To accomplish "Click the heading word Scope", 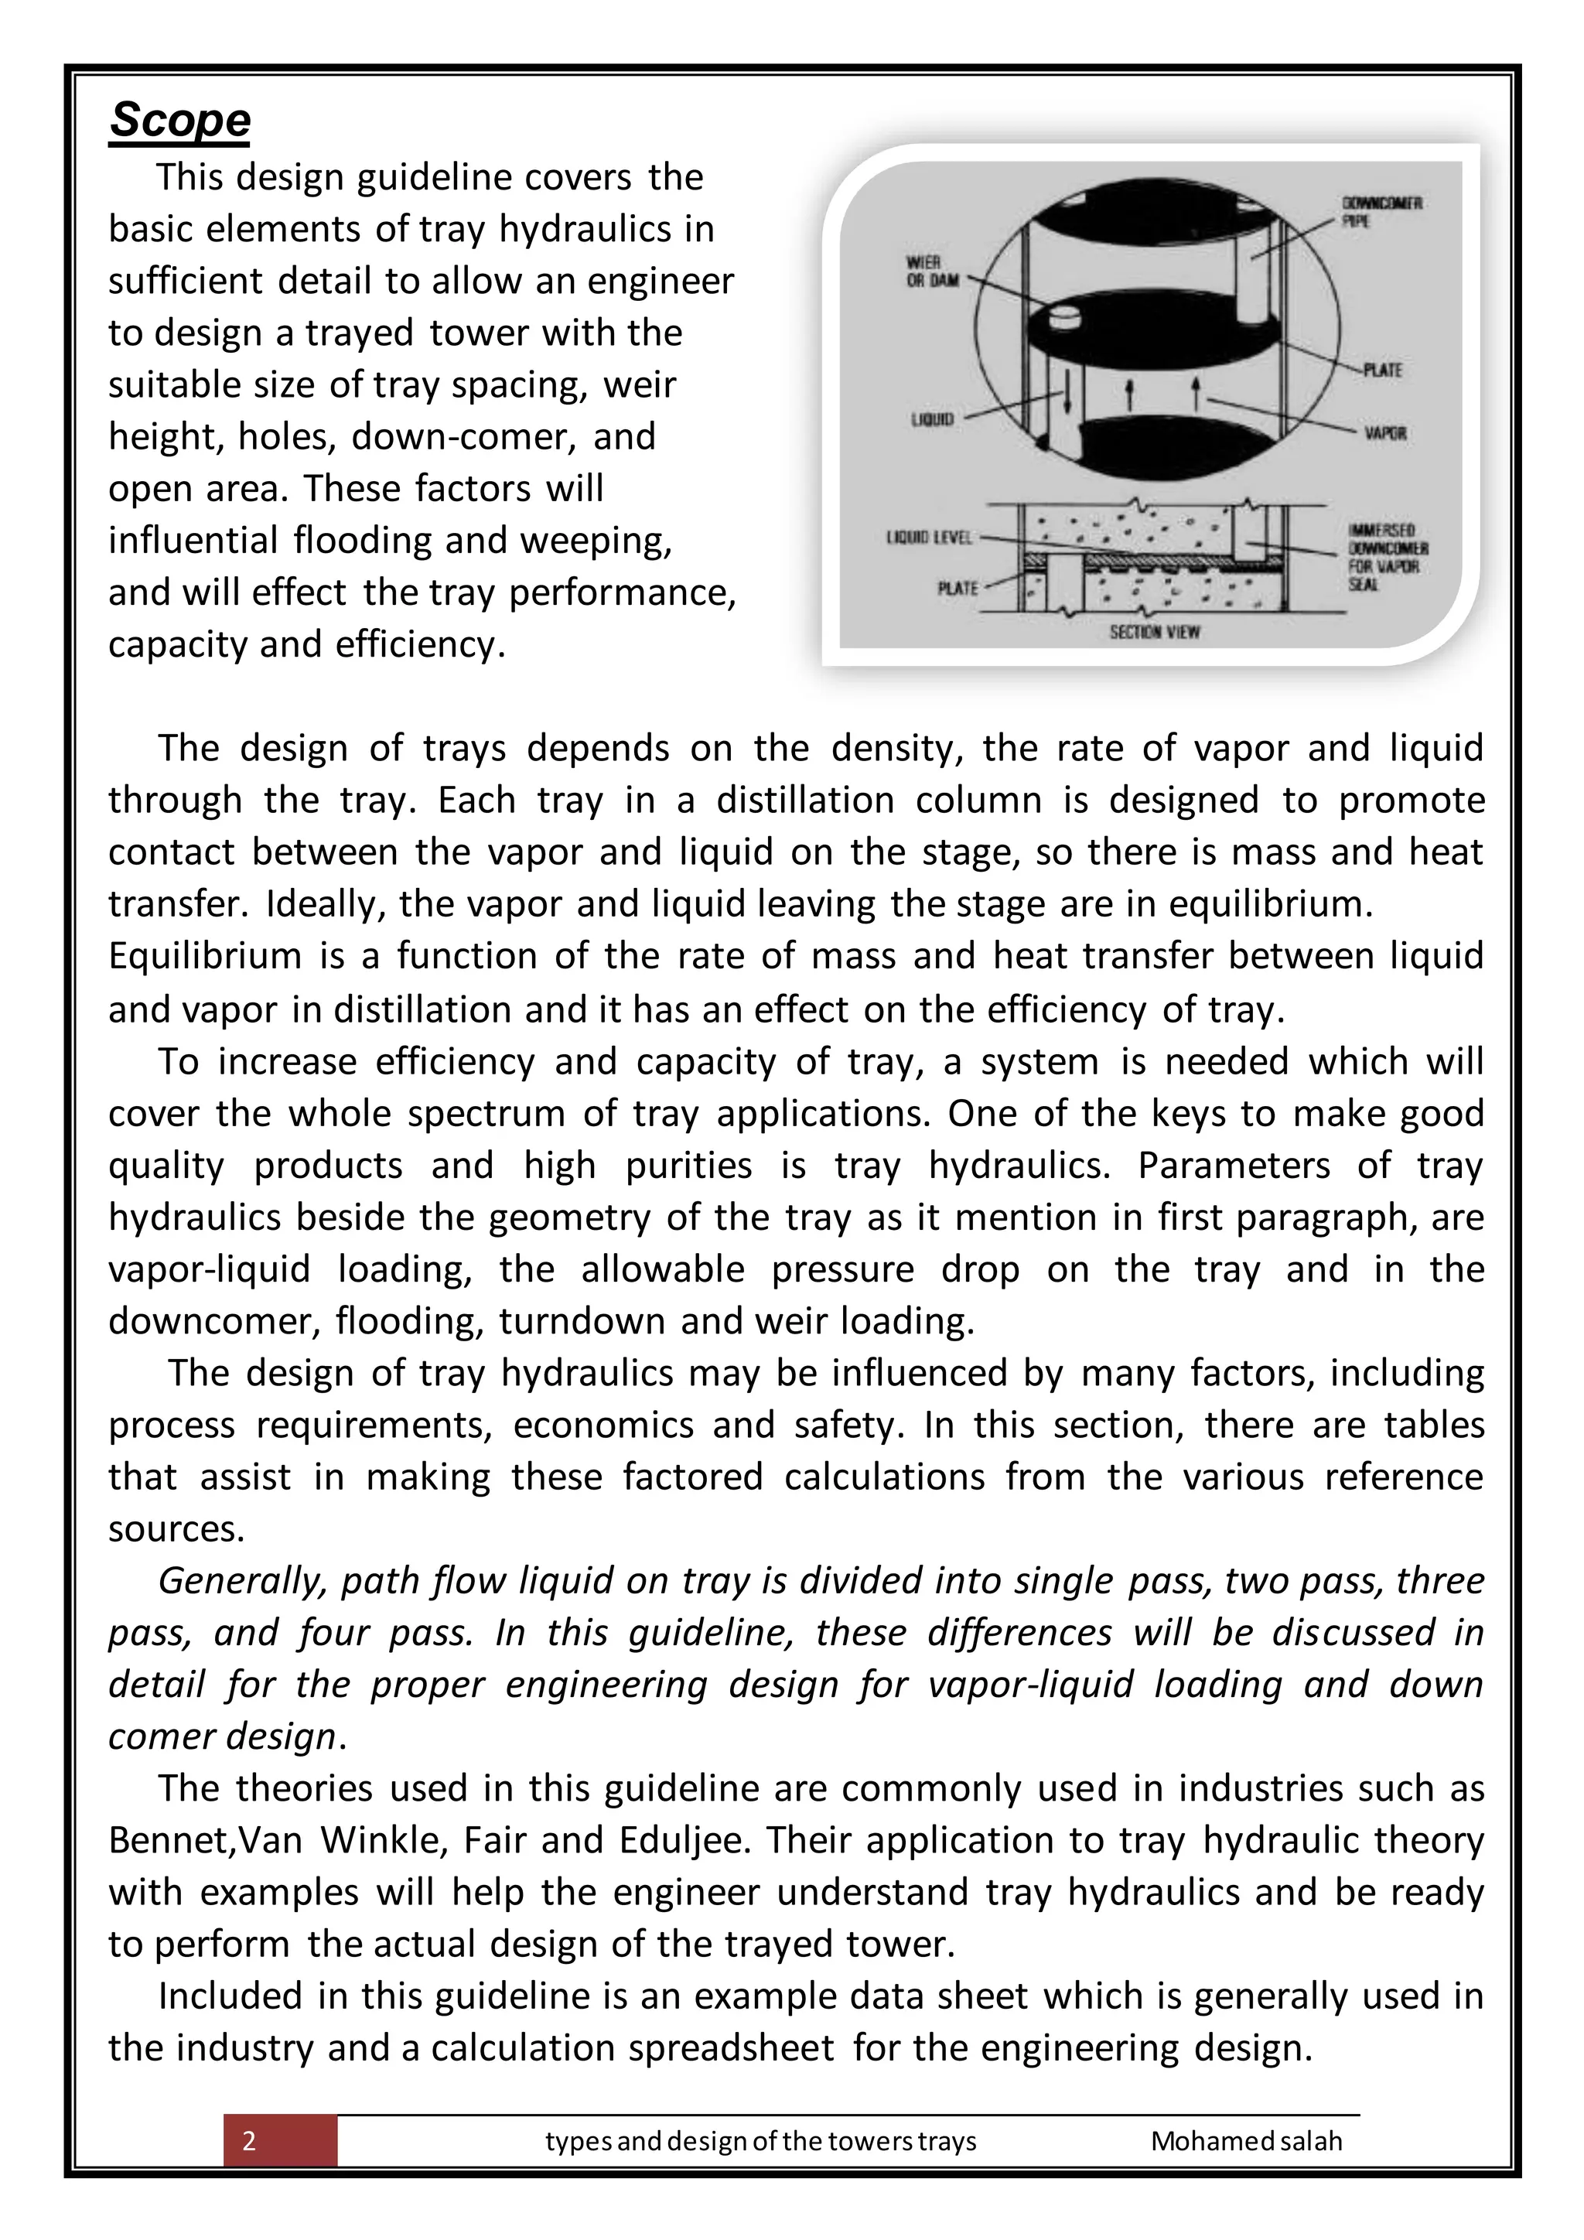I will tap(179, 120).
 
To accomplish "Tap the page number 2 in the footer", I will tap(250, 2140).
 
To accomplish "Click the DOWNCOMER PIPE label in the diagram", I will tap(1381, 212).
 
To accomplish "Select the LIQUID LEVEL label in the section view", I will tap(929, 538).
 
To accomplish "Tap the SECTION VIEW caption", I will tap(1154, 631).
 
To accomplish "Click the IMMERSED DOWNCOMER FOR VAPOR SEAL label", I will tap(1386, 557).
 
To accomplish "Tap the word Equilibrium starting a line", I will tap(205, 955).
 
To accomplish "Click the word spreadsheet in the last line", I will tap(731, 2047).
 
